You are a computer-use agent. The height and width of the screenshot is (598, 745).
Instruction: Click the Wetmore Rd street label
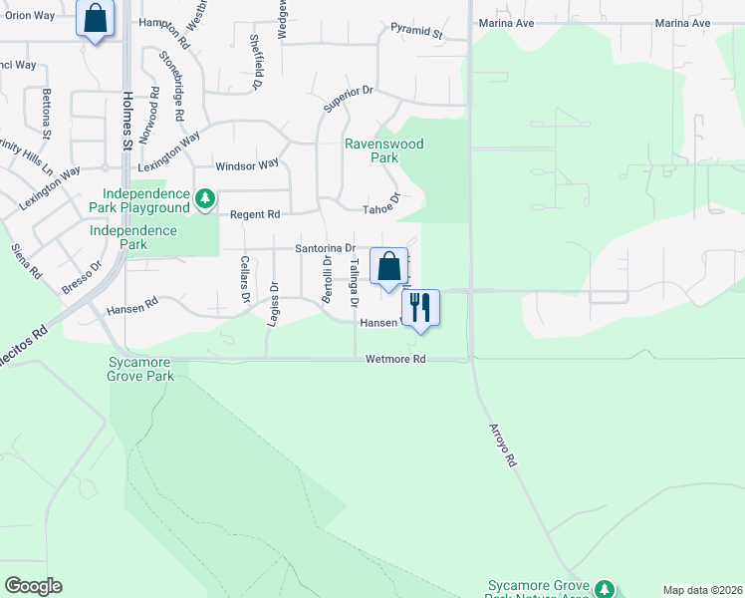pos(395,359)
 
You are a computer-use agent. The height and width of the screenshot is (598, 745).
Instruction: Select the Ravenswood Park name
pos(383,150)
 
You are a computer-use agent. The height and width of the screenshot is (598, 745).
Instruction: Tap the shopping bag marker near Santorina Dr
pos(388,266)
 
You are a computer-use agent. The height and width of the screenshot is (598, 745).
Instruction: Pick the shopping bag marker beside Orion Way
pos(96,18)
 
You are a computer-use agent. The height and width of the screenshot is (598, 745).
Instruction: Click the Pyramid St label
pos(416,32)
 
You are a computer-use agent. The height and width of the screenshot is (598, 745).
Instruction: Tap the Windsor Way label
pos(248,165)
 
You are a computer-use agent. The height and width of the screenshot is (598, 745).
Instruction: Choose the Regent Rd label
pos(255,214)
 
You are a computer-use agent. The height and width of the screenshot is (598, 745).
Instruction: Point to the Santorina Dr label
pos(325,248)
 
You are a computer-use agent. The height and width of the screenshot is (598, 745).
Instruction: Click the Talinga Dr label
pos(354,280)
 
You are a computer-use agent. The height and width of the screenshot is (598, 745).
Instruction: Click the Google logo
pos(34,586)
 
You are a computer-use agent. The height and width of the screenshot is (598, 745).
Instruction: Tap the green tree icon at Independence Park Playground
pos(205,199)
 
